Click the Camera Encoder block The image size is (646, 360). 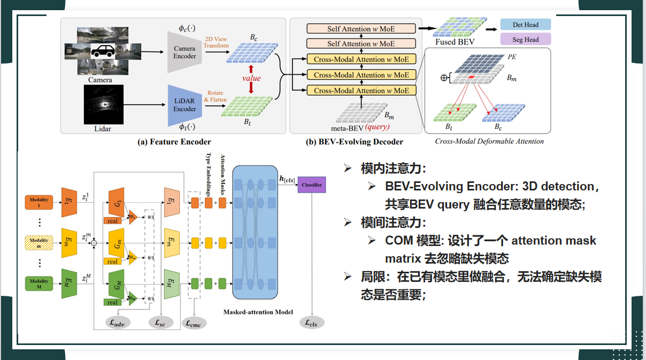(185, 52)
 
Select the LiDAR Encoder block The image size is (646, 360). (185, 105)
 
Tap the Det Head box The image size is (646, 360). (525, 24)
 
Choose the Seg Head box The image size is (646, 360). (525, 39)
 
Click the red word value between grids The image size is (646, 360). (251, 78)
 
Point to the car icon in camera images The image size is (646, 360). (102, 51)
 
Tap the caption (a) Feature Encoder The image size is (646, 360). (174, 141)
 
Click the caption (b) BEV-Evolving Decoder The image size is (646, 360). (354, 141)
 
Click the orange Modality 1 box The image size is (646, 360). (39, 202)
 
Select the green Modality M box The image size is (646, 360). (39, 283)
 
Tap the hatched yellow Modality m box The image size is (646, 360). (39, 243)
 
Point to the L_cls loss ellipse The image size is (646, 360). (311, 323)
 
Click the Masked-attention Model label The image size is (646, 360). (258, 311)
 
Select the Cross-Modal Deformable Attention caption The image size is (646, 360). (489, 141)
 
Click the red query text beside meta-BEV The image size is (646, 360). (377, 127)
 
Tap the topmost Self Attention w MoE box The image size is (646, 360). (362, 29)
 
